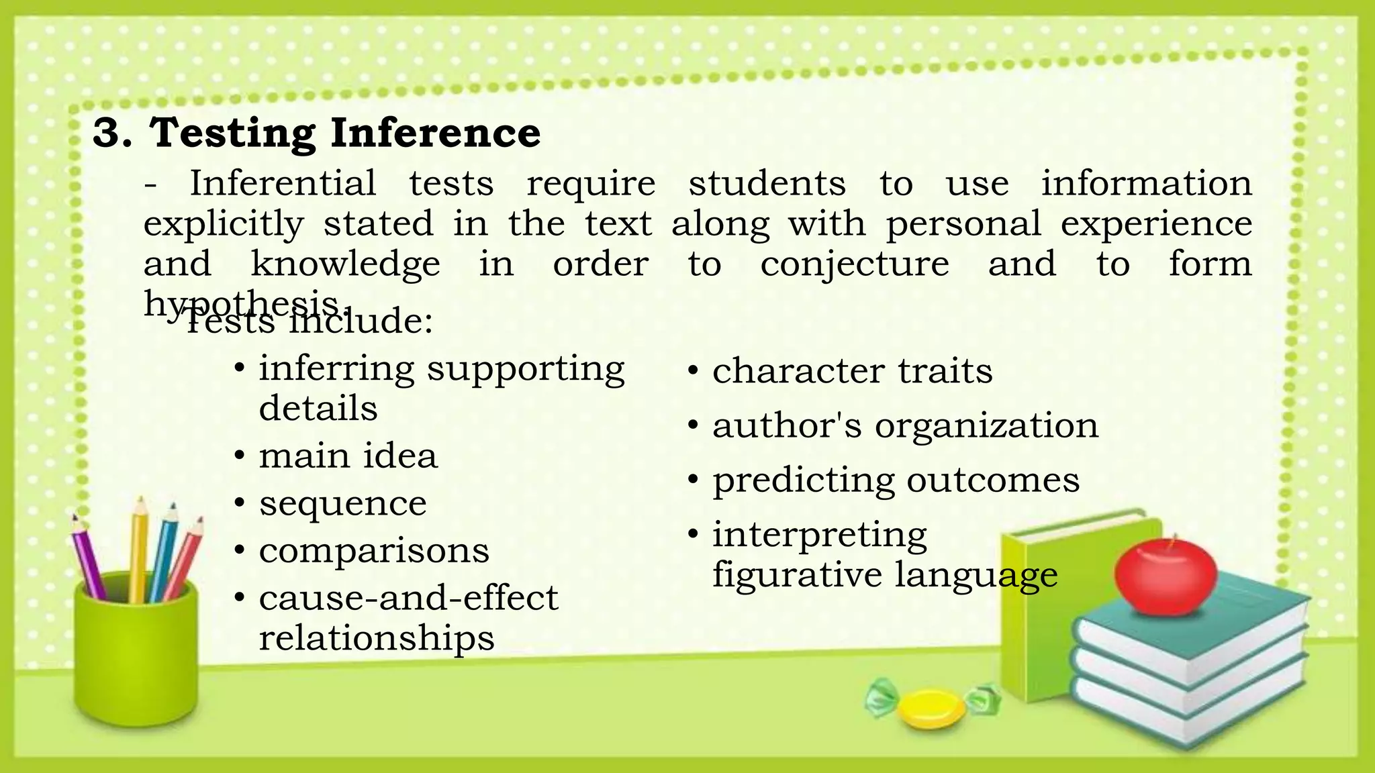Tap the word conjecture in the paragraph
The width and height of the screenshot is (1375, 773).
coord(854,264)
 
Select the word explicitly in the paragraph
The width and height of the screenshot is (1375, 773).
coord(224,224)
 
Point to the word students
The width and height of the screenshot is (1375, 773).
coord(767,183)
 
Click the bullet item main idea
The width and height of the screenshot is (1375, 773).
coord(348,456)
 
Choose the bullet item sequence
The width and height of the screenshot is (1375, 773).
coord(342,503)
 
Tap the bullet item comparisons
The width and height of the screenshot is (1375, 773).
coord(374,551)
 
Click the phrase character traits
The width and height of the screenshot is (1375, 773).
coord(852,370)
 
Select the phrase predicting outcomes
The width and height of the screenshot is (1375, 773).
coord(896,480)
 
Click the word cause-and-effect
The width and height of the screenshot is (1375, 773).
coord(408,597)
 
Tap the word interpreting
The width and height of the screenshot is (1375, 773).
coord(819,535)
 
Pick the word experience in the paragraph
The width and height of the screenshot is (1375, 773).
coord(1156,224)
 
